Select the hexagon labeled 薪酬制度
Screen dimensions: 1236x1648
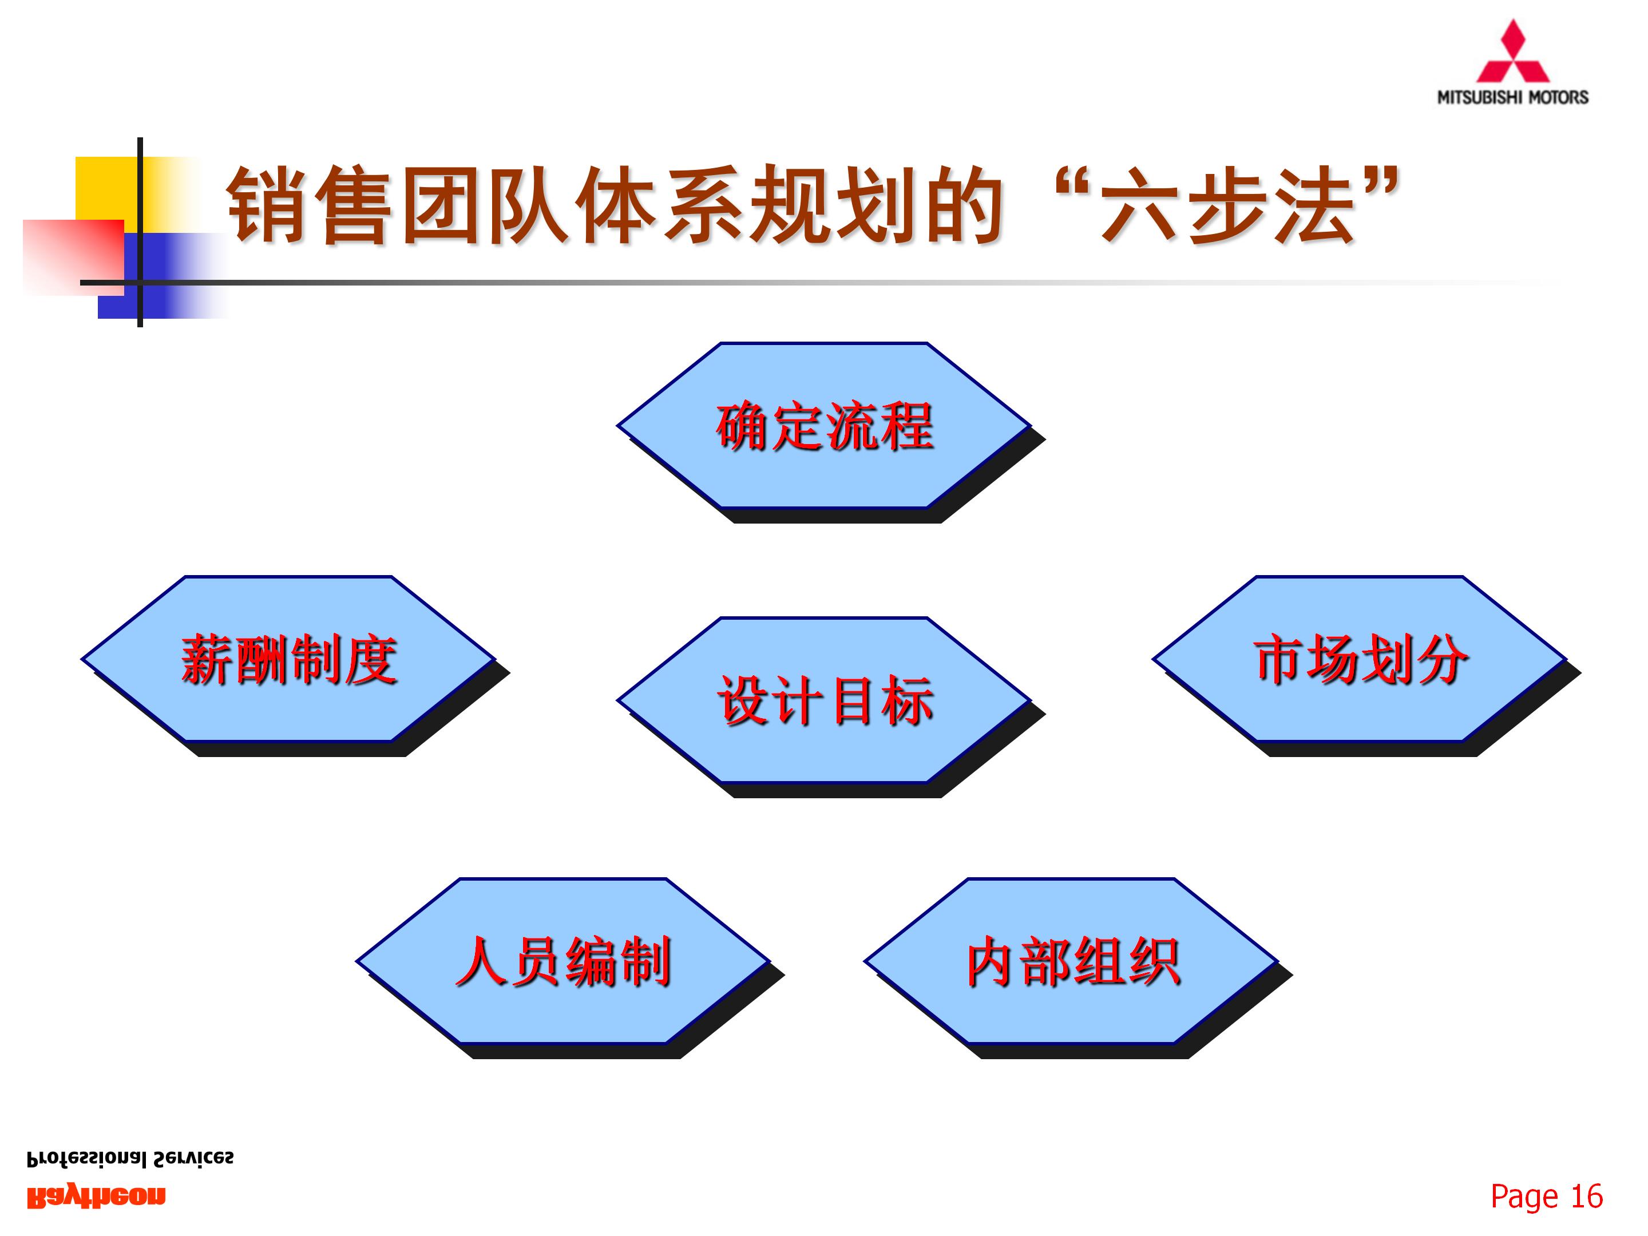coord(288,659)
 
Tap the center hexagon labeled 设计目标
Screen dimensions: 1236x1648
coord(823,700)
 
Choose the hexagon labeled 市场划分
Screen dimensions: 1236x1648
coord(1360,659)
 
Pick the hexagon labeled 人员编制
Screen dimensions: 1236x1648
coord(563,961)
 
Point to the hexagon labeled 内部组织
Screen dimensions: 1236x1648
coord(1071,961)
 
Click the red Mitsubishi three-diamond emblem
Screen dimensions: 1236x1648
coord(1512,52)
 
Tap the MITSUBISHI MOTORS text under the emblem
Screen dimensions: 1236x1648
coord(1512,97)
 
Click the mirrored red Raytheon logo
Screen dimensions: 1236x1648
coord(96,1197)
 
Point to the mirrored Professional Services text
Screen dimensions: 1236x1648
coord(130,1159)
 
